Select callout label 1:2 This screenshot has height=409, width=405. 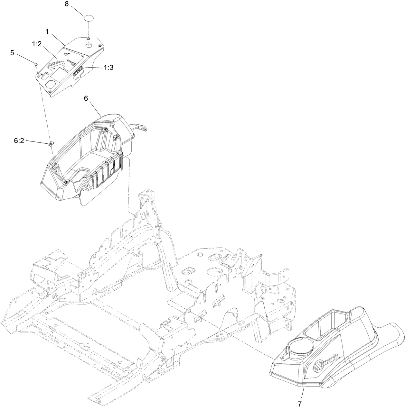tap(37, 44)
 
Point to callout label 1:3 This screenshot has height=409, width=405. tap(108, 68)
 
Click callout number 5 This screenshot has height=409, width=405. tap(12, 53)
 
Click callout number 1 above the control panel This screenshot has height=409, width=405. tap(47, 32)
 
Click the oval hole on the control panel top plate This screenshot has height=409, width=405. tap(89, 46)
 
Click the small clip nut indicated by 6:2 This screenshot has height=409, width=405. tap(51, 143)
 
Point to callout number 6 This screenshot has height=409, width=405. tap(86, 98)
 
